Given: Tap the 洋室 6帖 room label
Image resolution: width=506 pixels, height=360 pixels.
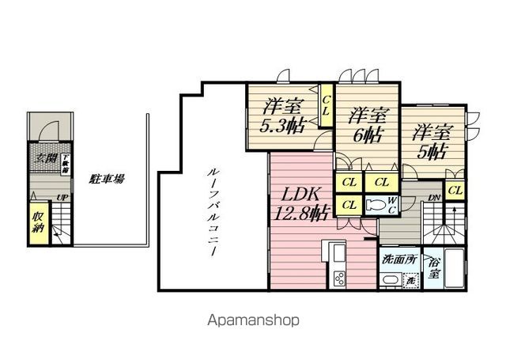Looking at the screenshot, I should coord(367,124).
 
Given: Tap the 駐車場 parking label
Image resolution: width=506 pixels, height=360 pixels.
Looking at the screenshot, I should coord(107,180).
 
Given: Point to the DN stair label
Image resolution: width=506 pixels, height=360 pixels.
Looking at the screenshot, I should coord(434,198).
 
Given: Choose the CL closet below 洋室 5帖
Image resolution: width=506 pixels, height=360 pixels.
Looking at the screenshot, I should coord(455,190).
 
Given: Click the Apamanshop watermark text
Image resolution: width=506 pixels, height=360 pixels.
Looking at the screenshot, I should coord(253,321).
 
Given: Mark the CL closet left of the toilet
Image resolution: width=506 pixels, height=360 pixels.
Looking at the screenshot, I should coord(348,205).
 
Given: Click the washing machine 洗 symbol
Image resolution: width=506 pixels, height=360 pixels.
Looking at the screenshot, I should coord(410,280).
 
